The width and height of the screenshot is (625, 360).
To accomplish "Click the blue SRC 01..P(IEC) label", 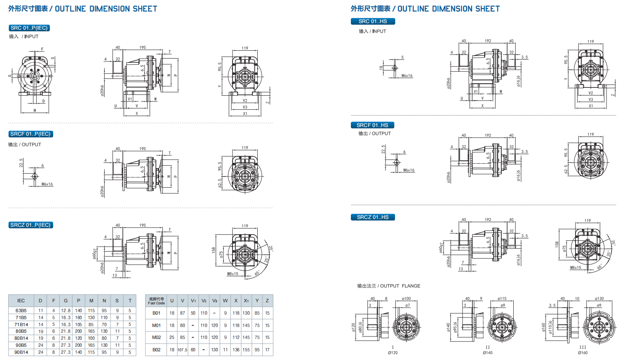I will (x=29, y=28).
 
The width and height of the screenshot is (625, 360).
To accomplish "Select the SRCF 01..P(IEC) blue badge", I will (x=31, y=134).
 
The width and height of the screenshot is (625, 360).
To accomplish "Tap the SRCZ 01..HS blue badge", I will (x=373, y=217).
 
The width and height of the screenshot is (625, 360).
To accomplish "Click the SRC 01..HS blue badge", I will (x=373, y=21).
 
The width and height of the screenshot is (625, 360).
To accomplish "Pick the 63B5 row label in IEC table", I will (x=21, y=311).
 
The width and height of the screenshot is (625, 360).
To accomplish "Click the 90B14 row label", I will (x=21, y=352).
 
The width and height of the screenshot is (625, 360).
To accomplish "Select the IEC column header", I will (x=21, y=301).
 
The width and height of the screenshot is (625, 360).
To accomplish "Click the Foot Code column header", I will (x=156, y=301).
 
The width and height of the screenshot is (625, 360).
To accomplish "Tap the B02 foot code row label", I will (x=156, y=350).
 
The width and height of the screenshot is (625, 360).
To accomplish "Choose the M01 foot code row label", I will (x=156, y=325).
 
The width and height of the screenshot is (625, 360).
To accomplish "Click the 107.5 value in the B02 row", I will (x=182, y=350).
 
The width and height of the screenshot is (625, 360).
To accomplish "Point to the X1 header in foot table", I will (x=246, y=301).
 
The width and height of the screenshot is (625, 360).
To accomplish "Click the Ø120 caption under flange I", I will (x=392, y=353).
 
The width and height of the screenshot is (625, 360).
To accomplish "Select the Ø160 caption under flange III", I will (x=583, y=353).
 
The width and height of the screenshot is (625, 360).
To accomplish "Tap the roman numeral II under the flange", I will (x=488, y=347).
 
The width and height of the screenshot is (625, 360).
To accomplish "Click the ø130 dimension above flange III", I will (x=599, y=299).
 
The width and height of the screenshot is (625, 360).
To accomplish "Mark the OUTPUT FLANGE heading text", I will (x=389, y=286).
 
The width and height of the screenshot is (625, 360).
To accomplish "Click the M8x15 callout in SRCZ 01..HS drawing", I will (x=576, y=268).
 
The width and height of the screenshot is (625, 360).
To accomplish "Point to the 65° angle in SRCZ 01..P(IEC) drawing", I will (x=257, y=273).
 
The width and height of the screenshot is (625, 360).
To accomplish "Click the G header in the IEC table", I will (x=66, y=301).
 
